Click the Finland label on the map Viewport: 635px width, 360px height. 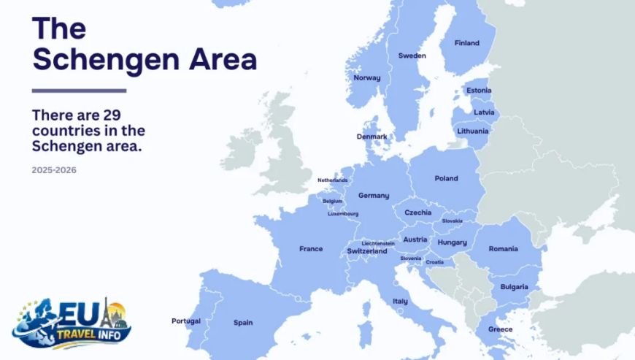coord(466,43)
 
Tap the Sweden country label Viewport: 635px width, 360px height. coord(412,55)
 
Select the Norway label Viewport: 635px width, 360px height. coord(366,77)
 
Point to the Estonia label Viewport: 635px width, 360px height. coord(478,91)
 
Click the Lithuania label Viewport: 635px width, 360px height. coord(473,131)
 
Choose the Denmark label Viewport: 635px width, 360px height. coord(372,137)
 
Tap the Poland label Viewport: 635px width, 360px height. coord(446,178)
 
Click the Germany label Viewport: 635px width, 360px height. coord(373,196)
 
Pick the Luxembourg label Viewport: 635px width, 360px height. coord(343,214)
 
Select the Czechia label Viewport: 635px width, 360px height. coord(417,212)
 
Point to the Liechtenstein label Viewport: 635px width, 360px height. coord(378,243)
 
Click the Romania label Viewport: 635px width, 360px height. coord(503,249)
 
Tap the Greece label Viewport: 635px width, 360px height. coord(500,329)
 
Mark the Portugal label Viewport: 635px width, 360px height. coord(185,321)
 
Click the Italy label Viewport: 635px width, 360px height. coord(400,302)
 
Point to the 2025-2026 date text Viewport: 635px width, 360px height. coord(54,170)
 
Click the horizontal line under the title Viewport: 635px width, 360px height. coord(79,91)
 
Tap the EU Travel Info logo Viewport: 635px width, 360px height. coord(72,323)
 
